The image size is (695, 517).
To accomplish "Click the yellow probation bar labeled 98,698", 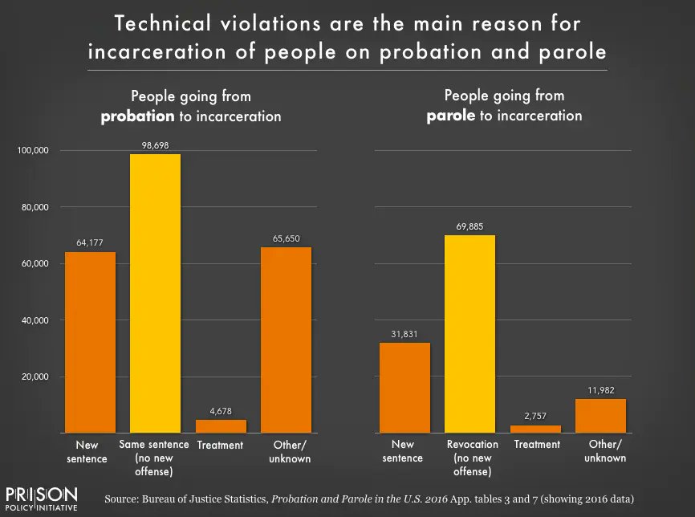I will tap(155, 293).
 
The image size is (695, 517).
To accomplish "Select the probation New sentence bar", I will tap(90, 342).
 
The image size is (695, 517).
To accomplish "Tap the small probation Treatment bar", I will tap(221, 425).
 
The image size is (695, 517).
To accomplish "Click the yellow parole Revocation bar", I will tap(469, 333).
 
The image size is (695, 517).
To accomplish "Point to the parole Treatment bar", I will tap(535, 429).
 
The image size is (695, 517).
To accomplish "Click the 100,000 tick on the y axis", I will tap(34, 151).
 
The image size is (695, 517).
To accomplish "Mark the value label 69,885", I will tap(469, 226).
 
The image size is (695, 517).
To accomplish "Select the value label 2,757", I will tap(535, 417).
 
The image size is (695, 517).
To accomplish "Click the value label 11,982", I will tap(600, 390).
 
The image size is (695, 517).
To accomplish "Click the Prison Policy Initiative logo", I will tap(42, 498).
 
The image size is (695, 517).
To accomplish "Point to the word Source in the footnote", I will tap(123, 499).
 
